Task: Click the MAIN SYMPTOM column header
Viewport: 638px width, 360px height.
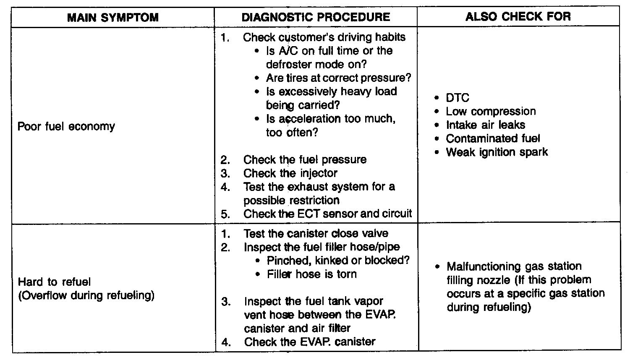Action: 113,17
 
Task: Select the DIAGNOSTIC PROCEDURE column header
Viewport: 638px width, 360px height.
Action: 316,17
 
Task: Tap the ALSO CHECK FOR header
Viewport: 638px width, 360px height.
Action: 518,16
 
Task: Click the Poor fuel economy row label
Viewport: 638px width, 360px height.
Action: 66,126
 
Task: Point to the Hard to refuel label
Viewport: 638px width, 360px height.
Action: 54,282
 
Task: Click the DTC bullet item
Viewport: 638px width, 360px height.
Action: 457,98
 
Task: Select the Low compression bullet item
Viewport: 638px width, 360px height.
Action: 490,111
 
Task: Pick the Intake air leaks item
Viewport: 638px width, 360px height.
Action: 485,125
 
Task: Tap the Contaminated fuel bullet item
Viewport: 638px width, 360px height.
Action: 493,138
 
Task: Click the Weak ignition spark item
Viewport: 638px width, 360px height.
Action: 497,152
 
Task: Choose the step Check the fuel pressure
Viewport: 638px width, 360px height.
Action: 305,159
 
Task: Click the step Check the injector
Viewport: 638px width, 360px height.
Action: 290,173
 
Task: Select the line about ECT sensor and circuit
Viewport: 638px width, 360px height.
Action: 327,214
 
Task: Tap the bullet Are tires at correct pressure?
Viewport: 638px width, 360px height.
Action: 338,78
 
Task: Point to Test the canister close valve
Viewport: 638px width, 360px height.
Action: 316,233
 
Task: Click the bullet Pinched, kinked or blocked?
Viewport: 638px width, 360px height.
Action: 338,260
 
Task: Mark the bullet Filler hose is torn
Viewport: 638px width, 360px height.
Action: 311,274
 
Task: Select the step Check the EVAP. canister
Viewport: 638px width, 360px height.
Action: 310,342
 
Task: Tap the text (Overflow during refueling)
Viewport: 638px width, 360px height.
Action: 86,295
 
